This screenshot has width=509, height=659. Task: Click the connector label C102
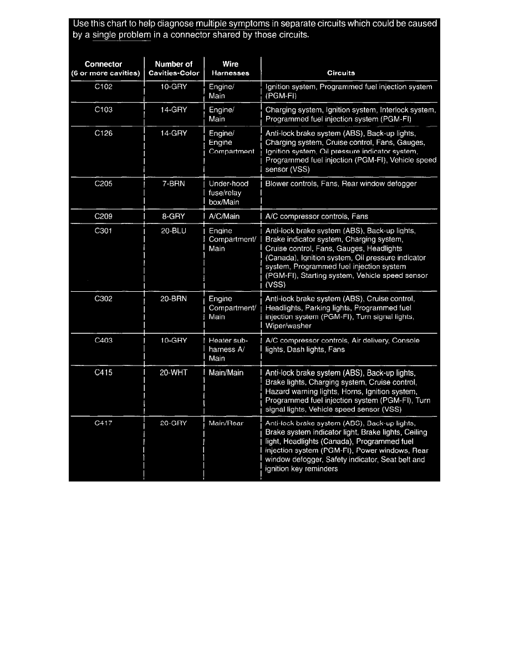click(104, 87)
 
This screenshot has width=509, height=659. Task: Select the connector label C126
click(104, 133)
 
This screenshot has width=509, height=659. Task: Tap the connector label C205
click(104, 184)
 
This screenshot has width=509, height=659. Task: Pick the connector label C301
click(104, 231)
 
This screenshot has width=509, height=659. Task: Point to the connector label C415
click(104, 373)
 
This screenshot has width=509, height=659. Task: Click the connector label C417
click(104, 423)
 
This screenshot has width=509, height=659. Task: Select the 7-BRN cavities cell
click(174, 184)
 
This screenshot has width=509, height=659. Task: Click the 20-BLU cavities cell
click(174, 231)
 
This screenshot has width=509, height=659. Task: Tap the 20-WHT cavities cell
click(174, 373)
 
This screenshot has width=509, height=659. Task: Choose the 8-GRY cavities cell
click(174, 216)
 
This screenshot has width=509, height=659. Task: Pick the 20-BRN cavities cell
click(174, 298)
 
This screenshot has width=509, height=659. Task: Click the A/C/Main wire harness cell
click(224, 216)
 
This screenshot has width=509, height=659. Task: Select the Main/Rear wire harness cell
click(226, 423)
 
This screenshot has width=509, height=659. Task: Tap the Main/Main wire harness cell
click(226, 373)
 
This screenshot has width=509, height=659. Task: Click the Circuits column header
click(341, 73)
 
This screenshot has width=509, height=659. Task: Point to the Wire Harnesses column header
click(231, 68)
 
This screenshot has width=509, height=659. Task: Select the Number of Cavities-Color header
click(174, 68)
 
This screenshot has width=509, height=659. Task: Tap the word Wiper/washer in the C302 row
click(288, 326)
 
